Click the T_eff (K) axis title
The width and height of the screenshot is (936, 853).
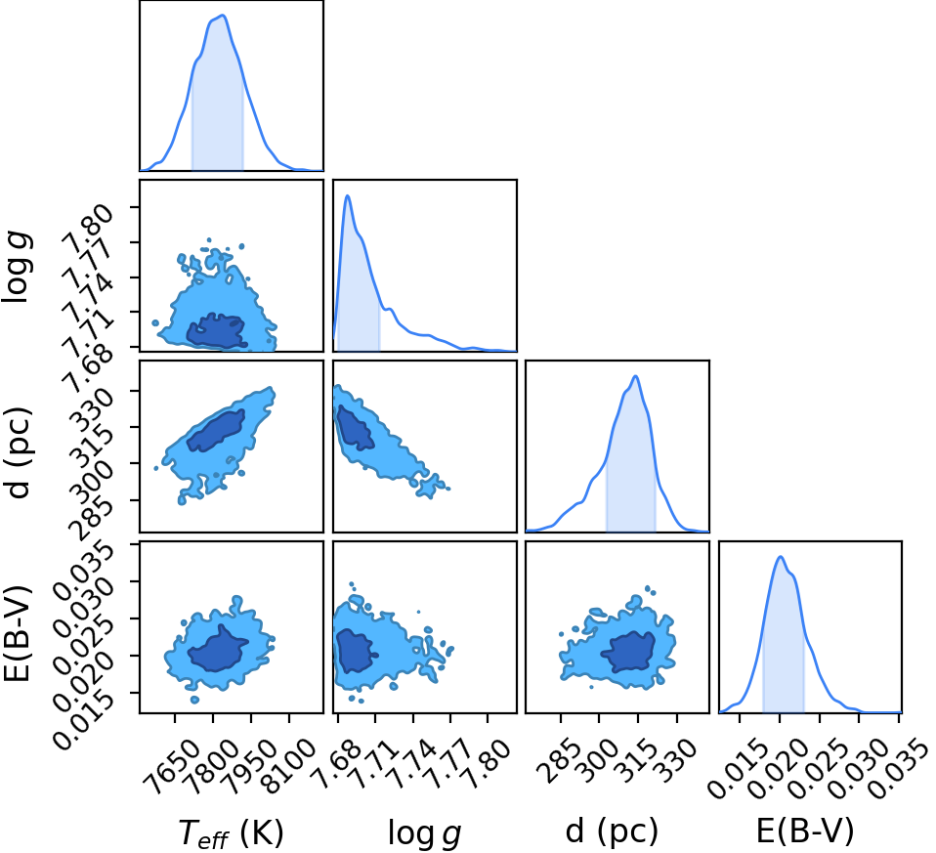tap(231, 832)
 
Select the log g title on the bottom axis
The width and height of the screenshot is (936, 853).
tap(424, 832)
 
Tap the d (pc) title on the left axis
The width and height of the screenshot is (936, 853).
tap(20, 453)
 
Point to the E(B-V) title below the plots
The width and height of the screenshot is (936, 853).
tap(805, 831)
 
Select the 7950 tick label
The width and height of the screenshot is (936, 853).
tap(251, 767)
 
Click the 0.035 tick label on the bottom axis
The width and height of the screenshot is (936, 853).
tap(899, 769)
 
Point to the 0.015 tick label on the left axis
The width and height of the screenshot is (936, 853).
tap(81, 720)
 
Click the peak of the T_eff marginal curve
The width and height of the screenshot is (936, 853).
tap(223, 16)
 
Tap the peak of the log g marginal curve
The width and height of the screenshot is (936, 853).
tap(347, 195)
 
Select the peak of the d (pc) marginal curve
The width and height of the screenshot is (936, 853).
tap(636, 376)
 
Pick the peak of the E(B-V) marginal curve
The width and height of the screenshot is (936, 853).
tap(781, 556)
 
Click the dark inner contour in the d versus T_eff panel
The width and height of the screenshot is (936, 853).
tap(216, 430)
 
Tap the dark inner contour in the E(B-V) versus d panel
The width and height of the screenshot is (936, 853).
tap(628, 652)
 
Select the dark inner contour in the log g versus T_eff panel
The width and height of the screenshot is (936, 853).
tap(216, 330)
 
